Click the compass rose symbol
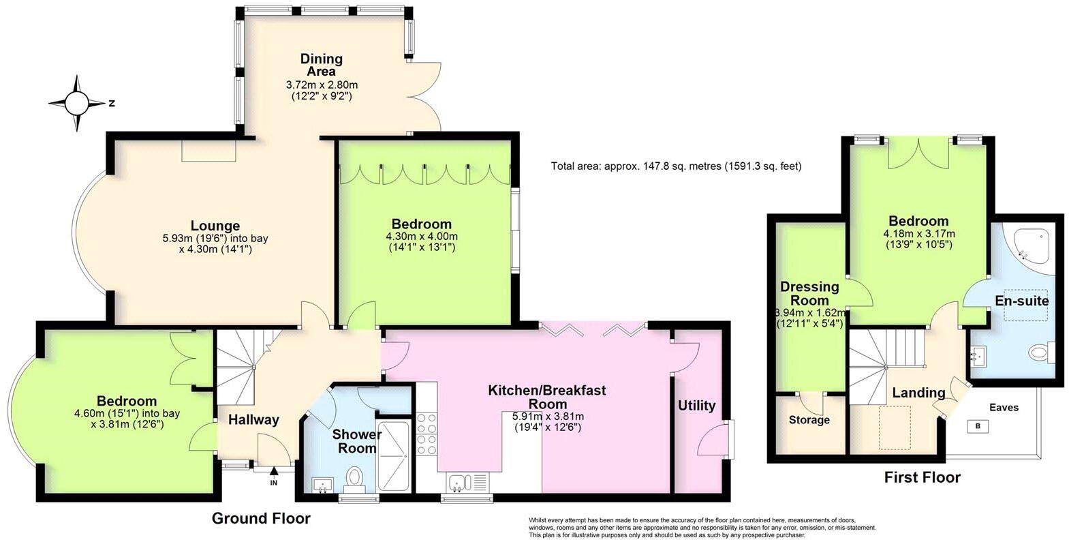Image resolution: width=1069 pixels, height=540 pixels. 76,103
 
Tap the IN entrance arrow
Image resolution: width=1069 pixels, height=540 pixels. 274,472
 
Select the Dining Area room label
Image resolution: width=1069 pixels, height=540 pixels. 321,65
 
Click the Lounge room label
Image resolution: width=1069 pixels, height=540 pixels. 215,226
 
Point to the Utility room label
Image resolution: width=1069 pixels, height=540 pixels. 697,406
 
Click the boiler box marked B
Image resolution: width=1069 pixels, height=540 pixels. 978,426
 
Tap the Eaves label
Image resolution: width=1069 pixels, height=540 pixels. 1004,407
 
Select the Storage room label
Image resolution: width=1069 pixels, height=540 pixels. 809,420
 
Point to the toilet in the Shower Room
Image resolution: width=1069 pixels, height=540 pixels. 354,479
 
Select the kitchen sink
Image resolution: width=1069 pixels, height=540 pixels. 456,482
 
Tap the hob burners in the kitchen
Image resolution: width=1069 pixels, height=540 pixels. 426,434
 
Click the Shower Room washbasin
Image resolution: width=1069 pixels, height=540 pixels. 324,484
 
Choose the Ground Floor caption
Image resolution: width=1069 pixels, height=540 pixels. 261,518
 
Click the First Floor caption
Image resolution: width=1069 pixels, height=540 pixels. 922,477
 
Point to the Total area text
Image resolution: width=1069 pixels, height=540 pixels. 677,166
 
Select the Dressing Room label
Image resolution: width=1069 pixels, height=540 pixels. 809,293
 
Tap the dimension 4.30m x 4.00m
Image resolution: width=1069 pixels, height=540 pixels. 421,237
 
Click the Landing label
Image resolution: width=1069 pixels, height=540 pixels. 918,393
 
